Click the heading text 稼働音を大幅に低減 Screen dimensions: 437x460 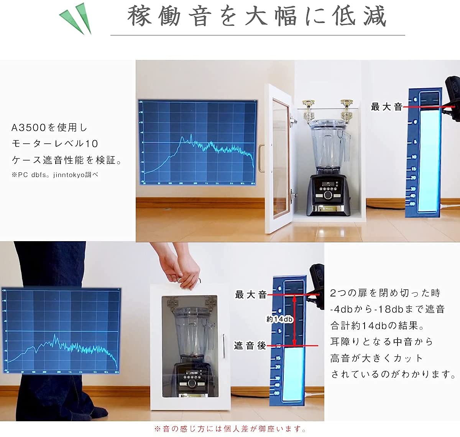(256, 17)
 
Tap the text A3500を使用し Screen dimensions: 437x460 (49, 127)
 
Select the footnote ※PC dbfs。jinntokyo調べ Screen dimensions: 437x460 (55, 175)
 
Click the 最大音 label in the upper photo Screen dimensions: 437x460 (386, 107)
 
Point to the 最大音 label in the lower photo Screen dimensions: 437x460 (251, 295)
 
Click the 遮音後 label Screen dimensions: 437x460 (250, 346)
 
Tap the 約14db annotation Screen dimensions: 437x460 (279, 319)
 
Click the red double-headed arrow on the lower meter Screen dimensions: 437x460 (294, 320)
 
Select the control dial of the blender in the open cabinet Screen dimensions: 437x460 (328, 195)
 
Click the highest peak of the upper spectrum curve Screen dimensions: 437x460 (191, 135)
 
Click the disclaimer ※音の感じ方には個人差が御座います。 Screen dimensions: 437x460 (230, 429)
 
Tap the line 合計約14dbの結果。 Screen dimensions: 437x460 (377, 326)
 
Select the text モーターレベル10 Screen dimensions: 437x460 (55, 144)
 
